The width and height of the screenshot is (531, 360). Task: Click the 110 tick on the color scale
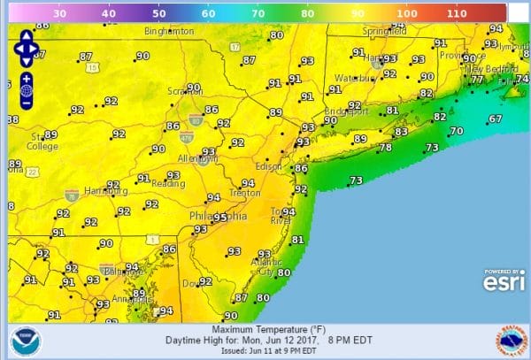click(x=457, y=14)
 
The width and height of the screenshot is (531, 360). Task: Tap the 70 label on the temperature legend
click(x=258, y=14)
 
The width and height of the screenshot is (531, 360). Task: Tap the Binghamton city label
click(x=168, y=31)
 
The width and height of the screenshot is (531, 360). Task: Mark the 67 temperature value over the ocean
click(x=495, y=119)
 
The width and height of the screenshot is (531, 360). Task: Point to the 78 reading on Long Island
click(x=385, y=148)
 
